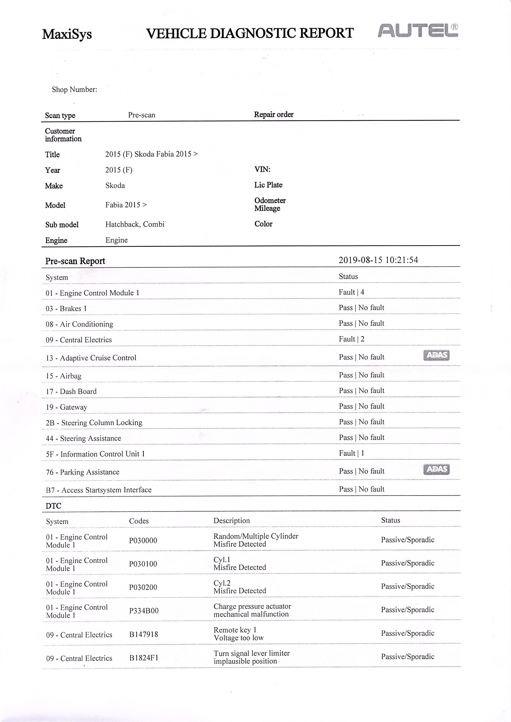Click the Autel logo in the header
pyautogui.click(x=418, y=31)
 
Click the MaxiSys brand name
pyautogui.click(x=67, y=34)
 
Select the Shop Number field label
pyautogui.click(x=75, y=90)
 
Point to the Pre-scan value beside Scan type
pyautogui.click(x=142, y=115)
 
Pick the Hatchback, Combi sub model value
pyautogui.click(x=135, y=224)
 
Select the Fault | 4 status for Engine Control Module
pyautogui.click(x=351, y=292)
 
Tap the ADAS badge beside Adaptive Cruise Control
pyautogui.click(x=436, y=356)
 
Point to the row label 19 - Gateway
pyautogui.click(x=66, y=407)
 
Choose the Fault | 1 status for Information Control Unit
pyautogui.click(x=351, y=453)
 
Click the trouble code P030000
pyautogui.click(x=143, y=541)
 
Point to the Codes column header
pyautogui.click(x=139, y=521)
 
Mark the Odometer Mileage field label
pyautogui.click(x=270, y=205)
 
